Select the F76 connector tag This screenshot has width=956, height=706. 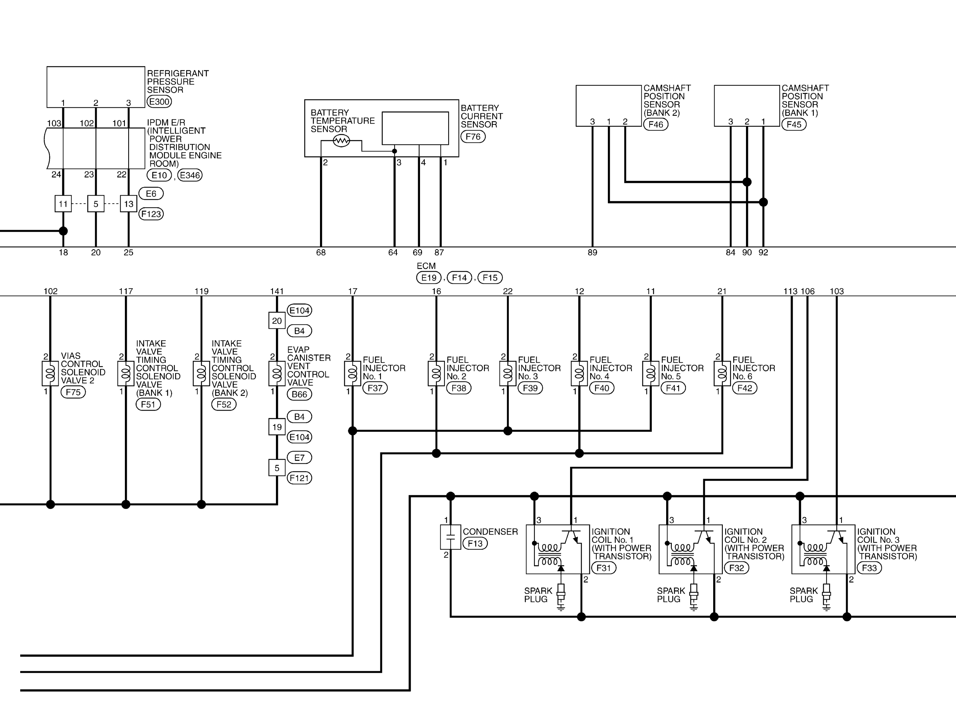(473, 137)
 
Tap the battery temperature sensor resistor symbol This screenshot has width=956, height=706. (341, 141)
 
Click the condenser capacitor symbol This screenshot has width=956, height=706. (451, 537)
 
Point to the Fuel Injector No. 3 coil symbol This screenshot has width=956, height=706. (508, 374)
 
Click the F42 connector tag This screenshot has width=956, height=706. (745, 388)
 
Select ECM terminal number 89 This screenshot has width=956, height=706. (592, 253)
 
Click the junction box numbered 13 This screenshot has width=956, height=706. (129, 204)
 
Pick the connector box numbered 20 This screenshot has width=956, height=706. (277, 321)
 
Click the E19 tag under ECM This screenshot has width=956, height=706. (429, 278)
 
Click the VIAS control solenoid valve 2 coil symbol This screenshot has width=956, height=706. (50, 374)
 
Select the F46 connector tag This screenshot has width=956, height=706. (656, 124)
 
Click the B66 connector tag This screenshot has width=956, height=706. (299, 394)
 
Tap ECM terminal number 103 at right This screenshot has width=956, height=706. (836, 291)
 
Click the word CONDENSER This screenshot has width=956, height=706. (490, 532)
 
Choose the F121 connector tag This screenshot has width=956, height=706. (299, 478)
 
